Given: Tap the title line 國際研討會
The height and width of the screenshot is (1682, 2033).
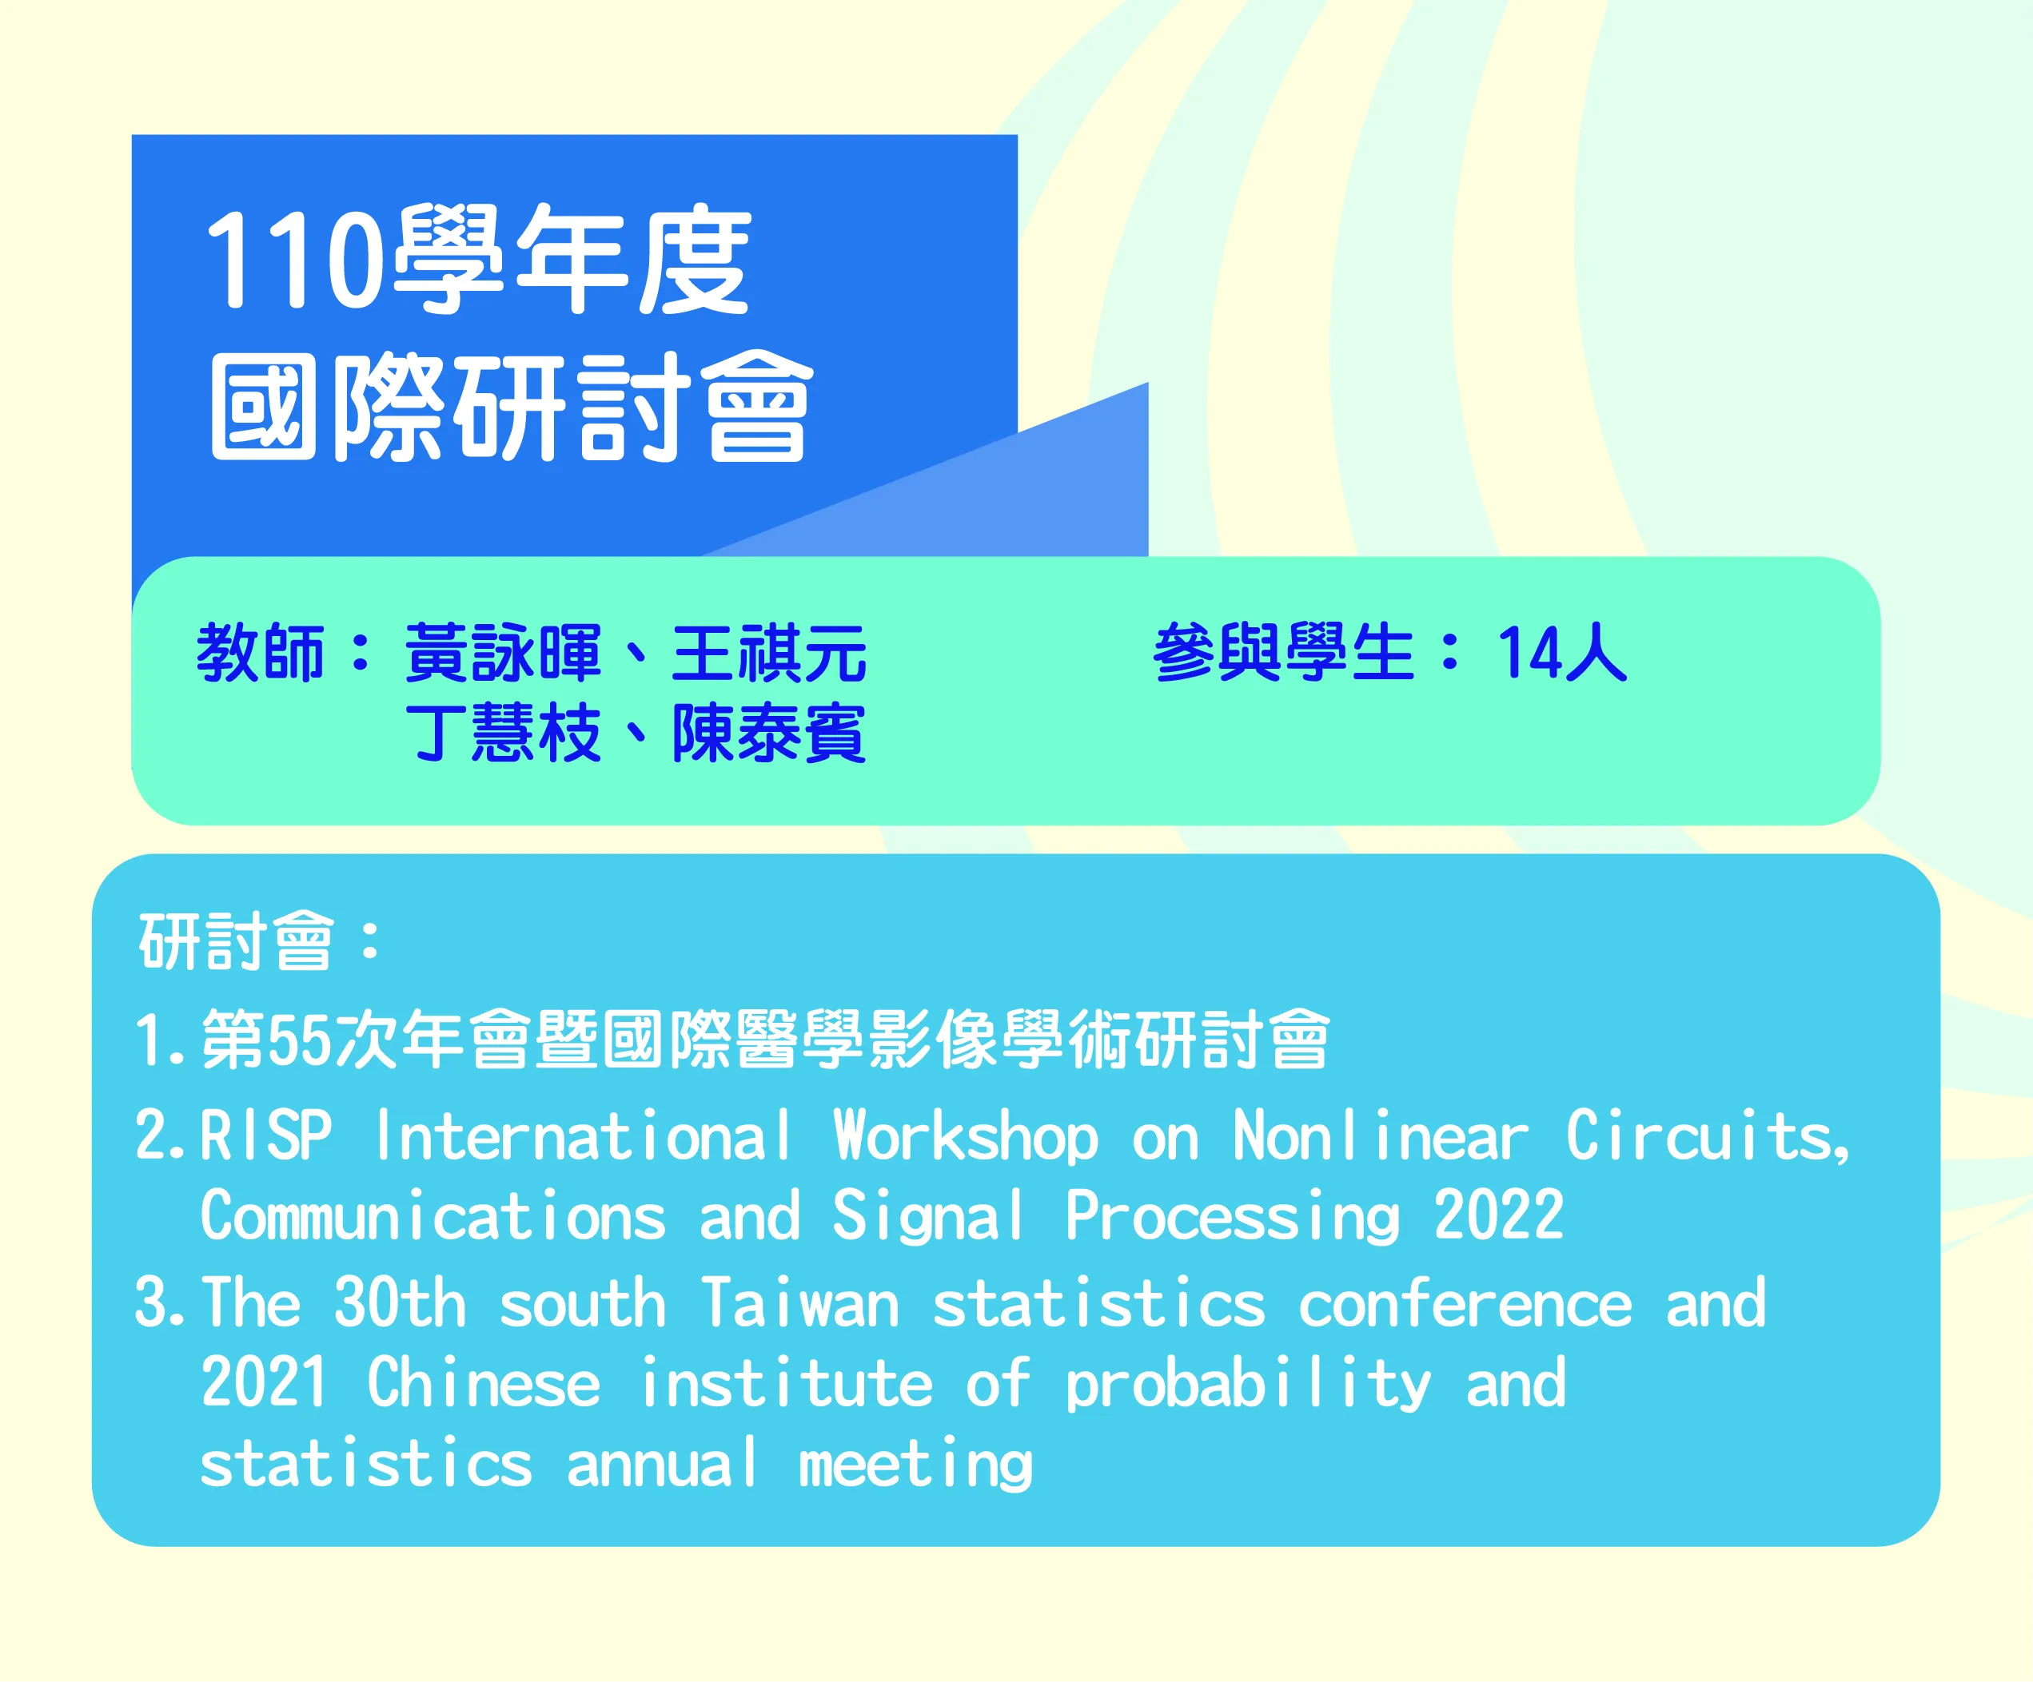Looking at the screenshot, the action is [511, 407].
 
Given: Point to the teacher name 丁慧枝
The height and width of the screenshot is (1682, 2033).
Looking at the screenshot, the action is [502, 733].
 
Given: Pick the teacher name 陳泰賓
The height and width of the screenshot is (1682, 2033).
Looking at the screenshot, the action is [770, 733].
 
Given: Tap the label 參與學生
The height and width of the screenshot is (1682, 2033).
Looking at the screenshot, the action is [1284, 652].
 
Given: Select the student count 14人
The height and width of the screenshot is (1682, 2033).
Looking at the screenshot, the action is [1561, 652].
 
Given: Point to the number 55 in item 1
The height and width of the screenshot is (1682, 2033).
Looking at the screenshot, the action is [297, 1040].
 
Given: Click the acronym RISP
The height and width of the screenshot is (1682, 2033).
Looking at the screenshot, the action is [266, 1135].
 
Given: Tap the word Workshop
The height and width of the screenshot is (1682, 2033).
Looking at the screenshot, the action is [967, 1135].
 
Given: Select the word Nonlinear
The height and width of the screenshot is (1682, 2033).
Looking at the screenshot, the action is [1381, 1135].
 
